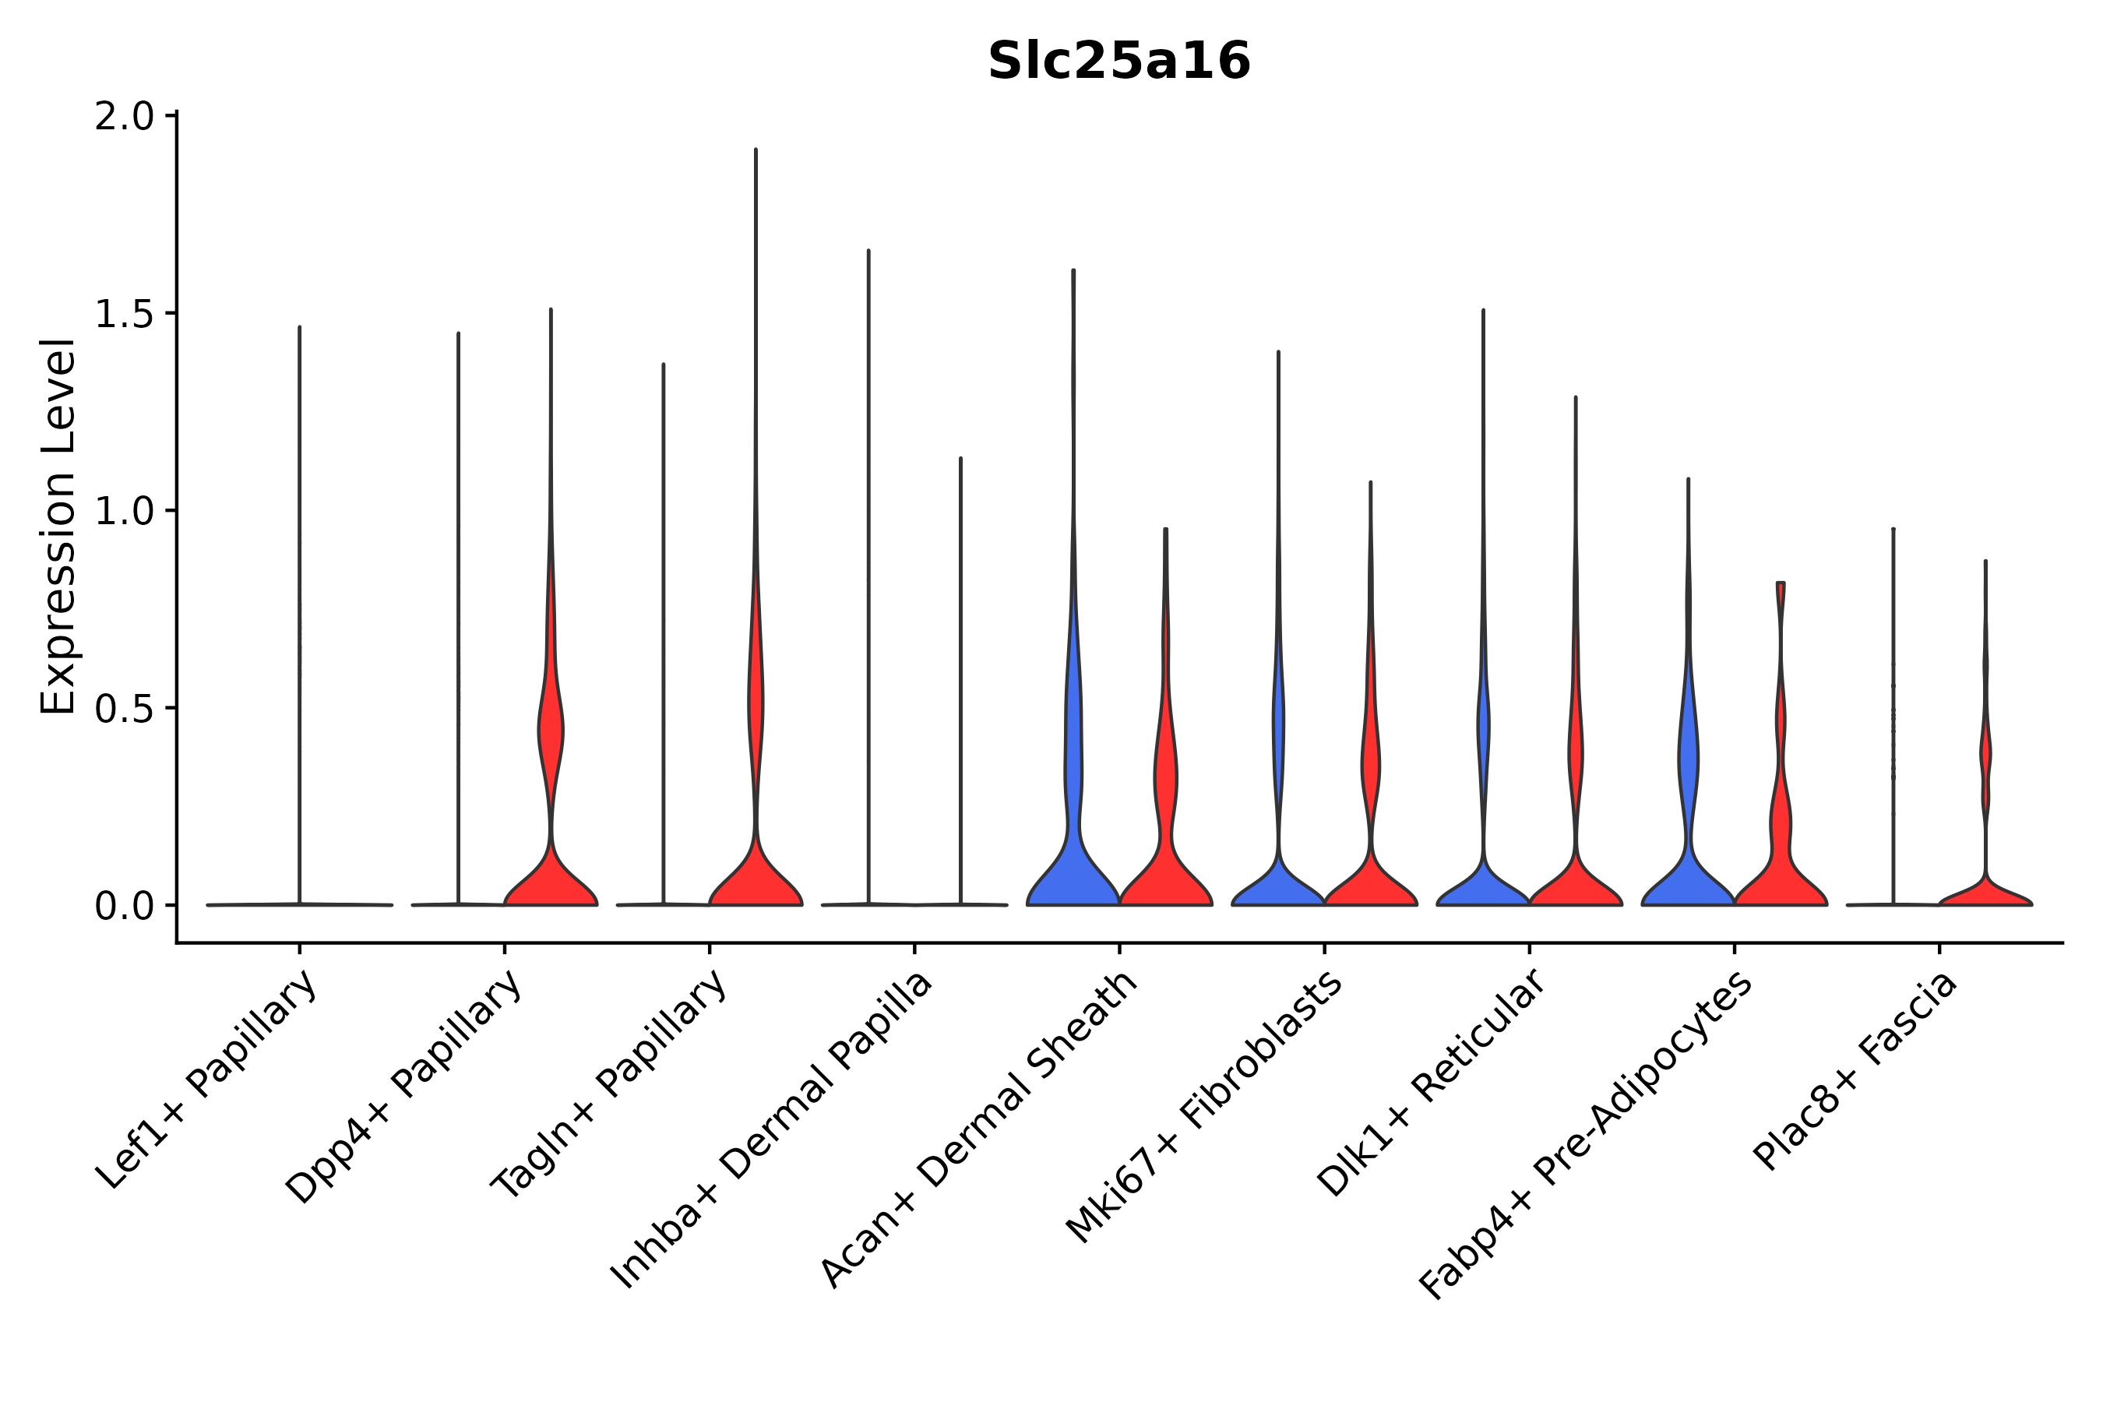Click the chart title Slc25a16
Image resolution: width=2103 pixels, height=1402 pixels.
[1118, 62]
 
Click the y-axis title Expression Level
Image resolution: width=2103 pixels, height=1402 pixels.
[59, 527]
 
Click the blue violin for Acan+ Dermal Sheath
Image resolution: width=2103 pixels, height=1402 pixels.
[1072, 876]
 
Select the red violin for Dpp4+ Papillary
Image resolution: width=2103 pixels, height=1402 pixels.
[551, 881]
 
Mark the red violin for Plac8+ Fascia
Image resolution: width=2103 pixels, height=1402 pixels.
[1985, 894]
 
